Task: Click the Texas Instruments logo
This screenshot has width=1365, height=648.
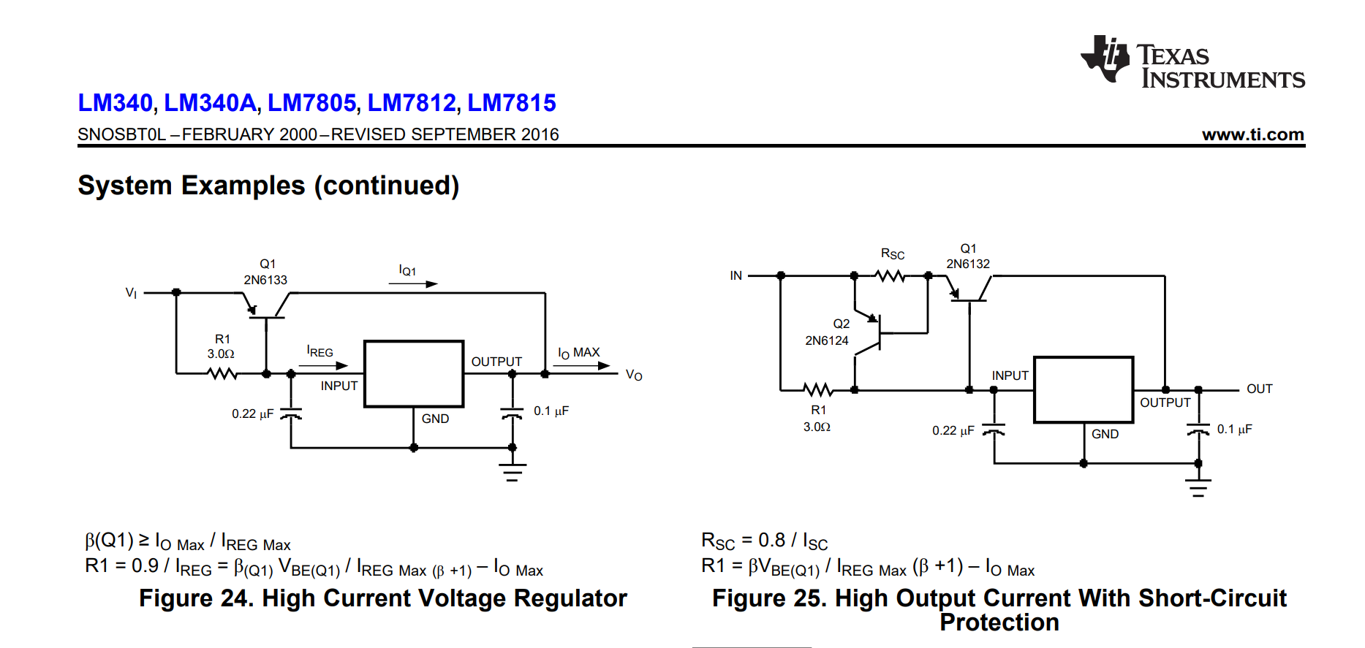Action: pyautogui.click(x=1192, y=62)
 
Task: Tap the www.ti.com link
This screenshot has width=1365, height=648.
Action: pyautogui.click(x=1253, y=134)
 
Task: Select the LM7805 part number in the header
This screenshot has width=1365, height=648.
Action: pyautogui.click(x=312, y=103)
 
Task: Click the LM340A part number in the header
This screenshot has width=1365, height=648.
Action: pyautogui.click(x=211, y=103)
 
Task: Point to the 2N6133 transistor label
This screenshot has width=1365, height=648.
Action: pyautogui.click(x=265, y=280)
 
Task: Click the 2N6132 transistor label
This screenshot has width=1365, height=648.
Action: pyautogui.click(x=968, y=264)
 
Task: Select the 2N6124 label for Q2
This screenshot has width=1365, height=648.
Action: pyautogui.click(x=827, y=340)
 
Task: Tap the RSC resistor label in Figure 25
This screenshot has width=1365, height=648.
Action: pyautogui.click(x=893, y=254)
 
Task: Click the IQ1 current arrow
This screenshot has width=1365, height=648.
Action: pyautogui.click(x=413, y=284)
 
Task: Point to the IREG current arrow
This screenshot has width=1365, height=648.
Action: pyautogui.click(x=322, y=366)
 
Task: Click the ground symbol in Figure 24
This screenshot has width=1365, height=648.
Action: pyautogui.click(x=513, y=472)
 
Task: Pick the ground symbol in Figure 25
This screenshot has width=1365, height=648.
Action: pyautogui.click(x=1198, y=487)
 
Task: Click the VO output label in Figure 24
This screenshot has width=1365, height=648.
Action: pyautogui.click(x=634, y=375)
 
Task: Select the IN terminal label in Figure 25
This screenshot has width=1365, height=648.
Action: pyautogui.click(x=736, y=275)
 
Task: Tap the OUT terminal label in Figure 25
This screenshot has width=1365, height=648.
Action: pyautogui.click(x=1260, y=389)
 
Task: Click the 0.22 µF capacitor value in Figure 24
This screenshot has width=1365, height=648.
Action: pyautogui.click(x=253, y=413)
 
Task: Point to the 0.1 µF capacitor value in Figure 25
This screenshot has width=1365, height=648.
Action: pyautogui.click(x=1235, y=429)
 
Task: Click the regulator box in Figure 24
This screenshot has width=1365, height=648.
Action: pyautogui.click(x=414, y=373)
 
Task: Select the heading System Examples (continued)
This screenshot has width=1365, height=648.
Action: pyautogui.click(x=268, y=186)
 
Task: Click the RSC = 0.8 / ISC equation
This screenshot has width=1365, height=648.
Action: pyautogui.click(x=765, y=541)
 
